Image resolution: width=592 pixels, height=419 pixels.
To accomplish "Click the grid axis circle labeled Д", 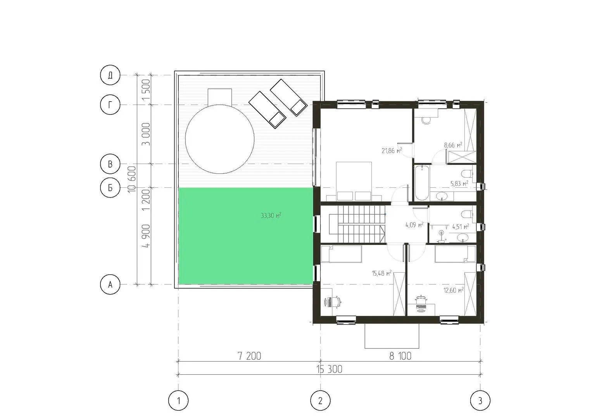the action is pyautogui.click(x=110, y=75).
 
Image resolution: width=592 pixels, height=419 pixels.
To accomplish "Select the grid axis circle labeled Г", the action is pyautogui.click(x=110, y=105).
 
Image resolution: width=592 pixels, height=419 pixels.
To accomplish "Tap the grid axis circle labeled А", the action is pyautogui.click(x=110, y=285).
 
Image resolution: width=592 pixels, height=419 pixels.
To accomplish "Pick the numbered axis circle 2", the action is pyautogui.click(x=320, y=401).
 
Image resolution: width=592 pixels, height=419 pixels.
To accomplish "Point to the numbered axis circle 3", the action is pyautogui.click(x=480, y=401).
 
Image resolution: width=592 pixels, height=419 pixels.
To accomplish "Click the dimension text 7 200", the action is pyautogui.click(x=249, y=356).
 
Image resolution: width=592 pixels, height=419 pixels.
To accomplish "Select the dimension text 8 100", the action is pyautogui.click(x=400, y=356).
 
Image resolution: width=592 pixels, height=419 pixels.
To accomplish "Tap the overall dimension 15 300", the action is pyautogui.click(x=329, y=369).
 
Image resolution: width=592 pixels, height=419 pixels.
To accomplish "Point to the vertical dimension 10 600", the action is pyautogui.click(x=131, y=179).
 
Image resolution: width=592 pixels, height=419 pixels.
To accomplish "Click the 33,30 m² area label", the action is pyautogui.click(x=271, y=216).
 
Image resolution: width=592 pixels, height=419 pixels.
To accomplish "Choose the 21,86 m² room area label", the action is pyautogui.click(x=392, y=151).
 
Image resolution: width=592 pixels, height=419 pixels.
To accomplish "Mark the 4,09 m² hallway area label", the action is pyautogui.click(x=414, y=225).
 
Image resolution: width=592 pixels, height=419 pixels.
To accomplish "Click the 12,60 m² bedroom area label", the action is pyautogui.click(x=454, y=290).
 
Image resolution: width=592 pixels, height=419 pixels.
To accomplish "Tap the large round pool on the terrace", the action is pyautogui.click(x=219, y=139).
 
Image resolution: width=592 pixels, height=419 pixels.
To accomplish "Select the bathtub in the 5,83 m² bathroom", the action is pyautogui.click(x=422, y=183).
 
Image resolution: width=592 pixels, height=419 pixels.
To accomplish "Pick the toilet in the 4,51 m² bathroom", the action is pyautogui.click(x=467, y=214).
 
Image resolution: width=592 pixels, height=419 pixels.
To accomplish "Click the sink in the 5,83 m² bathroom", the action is pyautogui.click(x=442, y=196).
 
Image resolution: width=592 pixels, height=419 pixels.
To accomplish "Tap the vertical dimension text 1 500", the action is pyautogui.click(x=146, y=90).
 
